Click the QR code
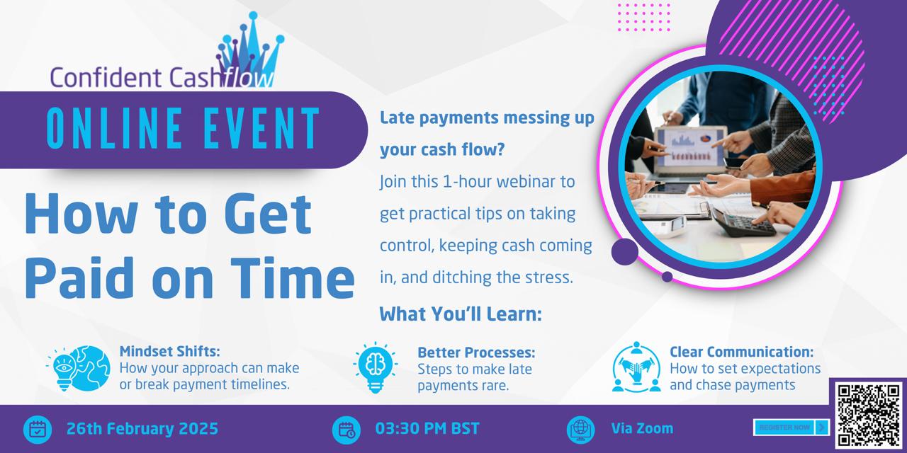tap(869, 415)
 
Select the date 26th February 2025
tap(142, 429)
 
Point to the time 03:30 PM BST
tap(427, 429)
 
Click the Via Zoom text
tap(642, 428)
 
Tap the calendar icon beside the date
tap(38, 430)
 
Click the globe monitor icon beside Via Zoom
tap(580, 430)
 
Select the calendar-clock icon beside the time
tap(347, 430)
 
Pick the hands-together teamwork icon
tap(636, 367)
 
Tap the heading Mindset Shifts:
tap(169, 352)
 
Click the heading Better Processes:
tap(476, 352)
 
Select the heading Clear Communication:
tap(741, 352)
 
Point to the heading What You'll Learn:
tap(461, 314)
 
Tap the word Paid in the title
tap(79, 278)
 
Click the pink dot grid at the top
tap(644, 17)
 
